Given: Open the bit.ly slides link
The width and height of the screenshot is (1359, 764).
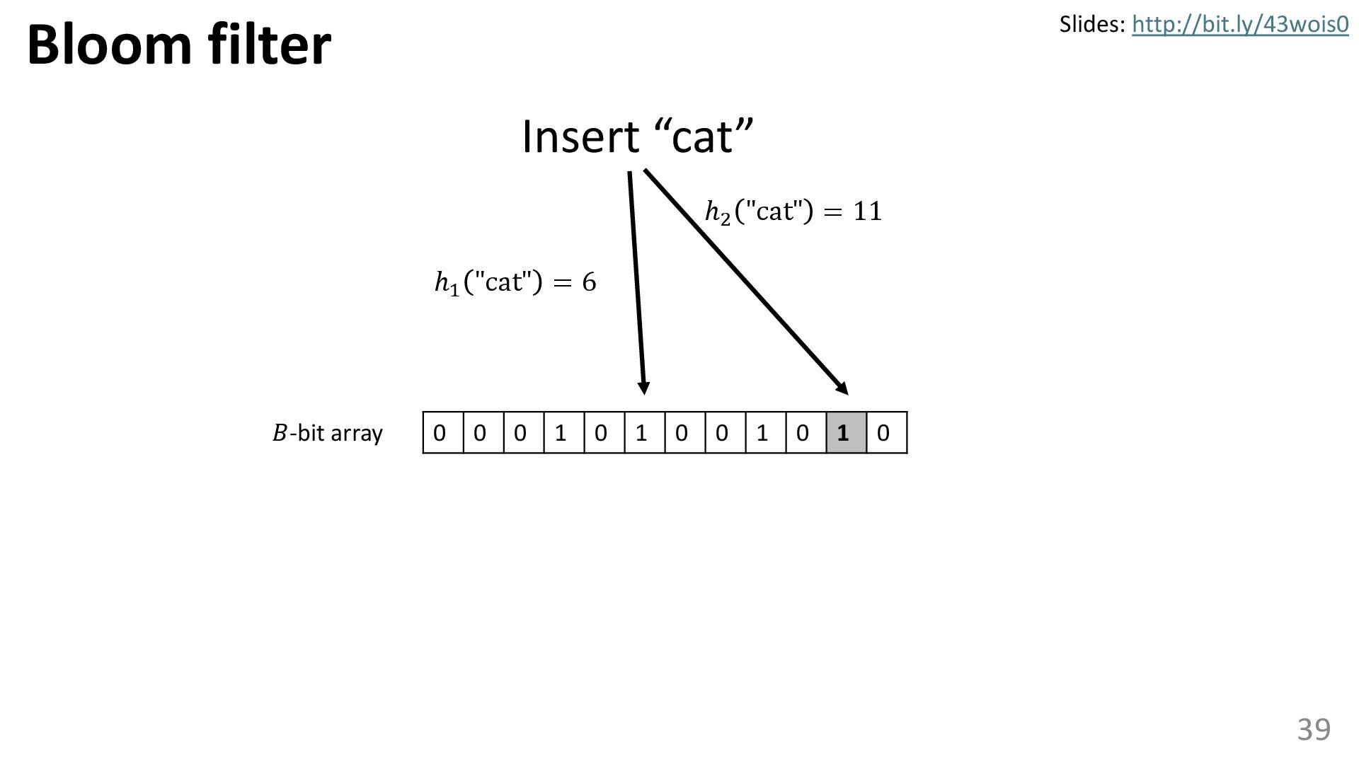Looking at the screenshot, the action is (1240, 25).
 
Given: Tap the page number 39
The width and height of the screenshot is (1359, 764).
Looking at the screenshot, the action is (1314, 729).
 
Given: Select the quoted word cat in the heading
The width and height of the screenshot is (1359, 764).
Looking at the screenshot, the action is (702, 137).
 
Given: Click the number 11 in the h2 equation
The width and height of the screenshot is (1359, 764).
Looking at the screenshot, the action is (868, 212).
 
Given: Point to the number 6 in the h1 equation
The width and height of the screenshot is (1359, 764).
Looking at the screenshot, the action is (589, 282).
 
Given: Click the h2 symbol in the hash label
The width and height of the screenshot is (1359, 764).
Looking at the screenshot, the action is (717, 212).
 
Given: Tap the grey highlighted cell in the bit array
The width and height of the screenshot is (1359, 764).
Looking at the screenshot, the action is (847, 432).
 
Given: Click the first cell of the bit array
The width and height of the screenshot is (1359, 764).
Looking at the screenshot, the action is (443, 432).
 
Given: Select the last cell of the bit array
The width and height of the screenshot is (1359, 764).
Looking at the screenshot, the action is (887, 432).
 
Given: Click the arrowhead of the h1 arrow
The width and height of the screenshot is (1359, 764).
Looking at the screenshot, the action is (643, 388).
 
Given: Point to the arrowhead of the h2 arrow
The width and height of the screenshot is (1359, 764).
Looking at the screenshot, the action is (842, 388).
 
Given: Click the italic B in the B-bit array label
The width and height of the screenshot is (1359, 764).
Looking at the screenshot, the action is (280, 433).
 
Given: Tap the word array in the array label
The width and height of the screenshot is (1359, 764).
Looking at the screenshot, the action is (360, 433).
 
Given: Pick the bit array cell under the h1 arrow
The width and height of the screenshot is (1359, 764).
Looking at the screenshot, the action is (645, 432).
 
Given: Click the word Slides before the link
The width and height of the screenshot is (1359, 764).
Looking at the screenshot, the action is (1091, 25).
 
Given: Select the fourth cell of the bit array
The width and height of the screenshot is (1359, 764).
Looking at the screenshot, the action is (564, 432).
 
